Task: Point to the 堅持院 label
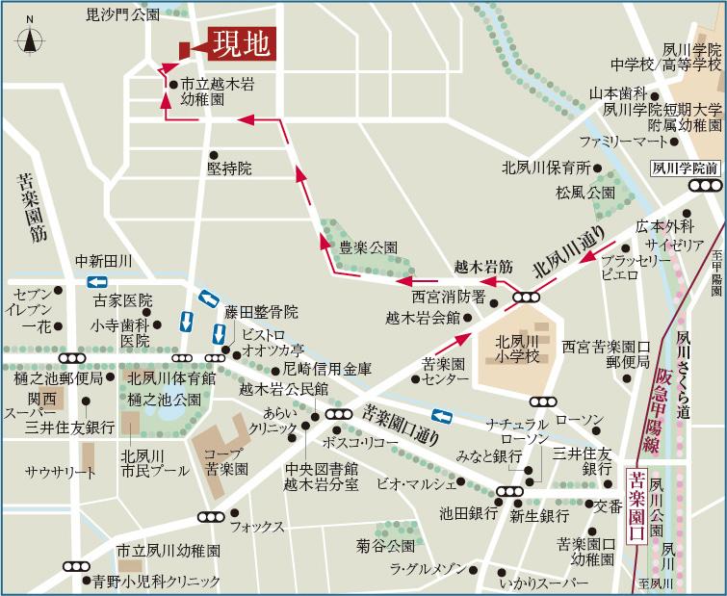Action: pyautogui.click(x=229, y=168)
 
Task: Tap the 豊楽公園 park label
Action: pyautogui.click(x=368, y=247)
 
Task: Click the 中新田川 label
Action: pyautogui.click(x=103, y=261)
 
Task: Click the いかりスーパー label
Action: pyautogui.click(x=544, y=583)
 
